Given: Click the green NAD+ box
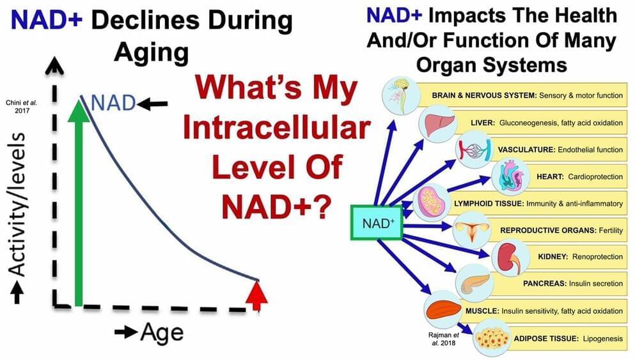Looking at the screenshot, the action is coord(376,223).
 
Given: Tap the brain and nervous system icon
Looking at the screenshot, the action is coord(402,95).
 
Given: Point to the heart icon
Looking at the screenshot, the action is coord(511,176).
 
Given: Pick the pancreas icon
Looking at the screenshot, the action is coord(474,283).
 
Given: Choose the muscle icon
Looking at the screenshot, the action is coord(443,310).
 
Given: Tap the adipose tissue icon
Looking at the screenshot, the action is coord(492,338).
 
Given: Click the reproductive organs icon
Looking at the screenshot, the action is coord(472,230).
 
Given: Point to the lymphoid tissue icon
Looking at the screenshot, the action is coord(432,203).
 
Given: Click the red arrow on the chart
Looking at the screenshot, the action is coord(257,295).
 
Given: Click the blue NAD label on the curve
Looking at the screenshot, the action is coord(113,103).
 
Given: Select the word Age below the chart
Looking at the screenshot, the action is coord(162,333).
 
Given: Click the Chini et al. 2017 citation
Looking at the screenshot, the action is coord(22,107).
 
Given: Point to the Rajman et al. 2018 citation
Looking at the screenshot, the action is coord(443,340).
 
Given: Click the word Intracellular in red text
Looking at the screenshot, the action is coord(277,128).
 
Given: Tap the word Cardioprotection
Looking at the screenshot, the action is coord(595,176).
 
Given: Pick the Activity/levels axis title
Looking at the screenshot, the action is coord(17,205).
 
